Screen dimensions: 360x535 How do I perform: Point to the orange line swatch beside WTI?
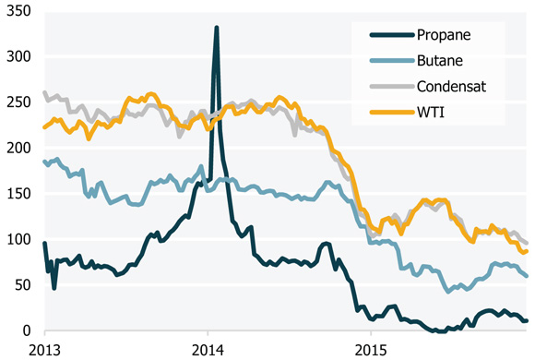(x=387, y=113)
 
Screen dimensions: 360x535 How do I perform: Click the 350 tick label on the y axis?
(x=18, y=11)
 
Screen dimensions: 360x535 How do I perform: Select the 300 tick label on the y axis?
(x=18, y=56)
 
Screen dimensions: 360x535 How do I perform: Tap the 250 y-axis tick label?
(x=18, y=102)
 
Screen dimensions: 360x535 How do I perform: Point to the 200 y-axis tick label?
(x=18, y=148)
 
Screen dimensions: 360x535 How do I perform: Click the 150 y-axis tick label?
(x=18, y=194)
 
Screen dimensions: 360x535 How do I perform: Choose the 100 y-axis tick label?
(x=18, y=239)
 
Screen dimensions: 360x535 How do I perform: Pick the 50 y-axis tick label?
(x=21, y=285)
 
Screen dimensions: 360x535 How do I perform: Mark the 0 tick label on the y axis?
(x=26, y=330)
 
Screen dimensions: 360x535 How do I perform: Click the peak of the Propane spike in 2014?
(x=216, y=28)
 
